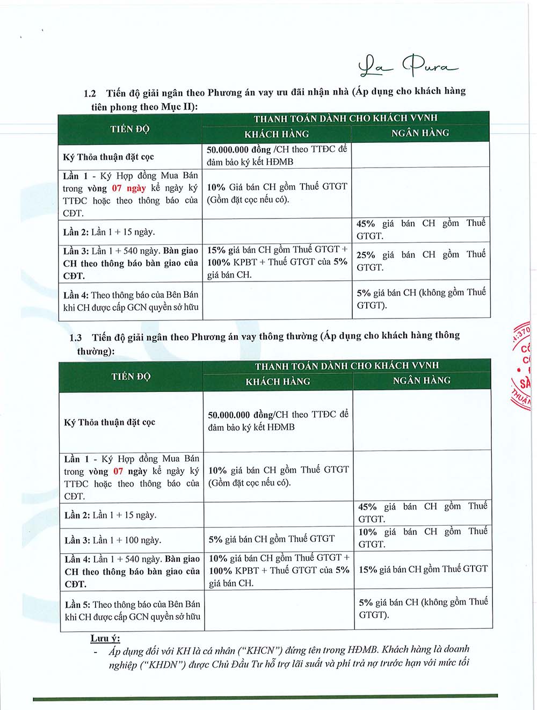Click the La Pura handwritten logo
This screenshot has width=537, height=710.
(x=408, y=67)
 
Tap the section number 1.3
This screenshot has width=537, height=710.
(x=76, y=338)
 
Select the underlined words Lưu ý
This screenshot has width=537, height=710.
(x=105, y=638)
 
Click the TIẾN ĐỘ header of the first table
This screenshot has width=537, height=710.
(x=130, y=129)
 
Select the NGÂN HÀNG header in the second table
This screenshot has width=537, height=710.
(x=422, y=380)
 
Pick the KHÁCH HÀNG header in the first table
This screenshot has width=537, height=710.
(x=277, y=134)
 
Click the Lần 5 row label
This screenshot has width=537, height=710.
(x=132, y=611)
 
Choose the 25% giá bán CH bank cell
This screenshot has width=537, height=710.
(x=420, y=260)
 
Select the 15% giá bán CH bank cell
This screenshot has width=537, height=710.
(x=423, y=569)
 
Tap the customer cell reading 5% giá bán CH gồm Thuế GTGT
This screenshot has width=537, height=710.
(x=272, y=539)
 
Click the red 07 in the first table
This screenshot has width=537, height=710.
(x=117, y=188)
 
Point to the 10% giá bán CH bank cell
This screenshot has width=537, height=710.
(x=423, y=538)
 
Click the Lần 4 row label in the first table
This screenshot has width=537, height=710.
(x=130, y=301)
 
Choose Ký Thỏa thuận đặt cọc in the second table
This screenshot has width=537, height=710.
(x=110, y=422)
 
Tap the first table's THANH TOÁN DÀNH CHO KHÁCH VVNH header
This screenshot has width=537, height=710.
(x=345, y=118)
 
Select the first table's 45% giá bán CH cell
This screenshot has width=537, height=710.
(x=420, y=229)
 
